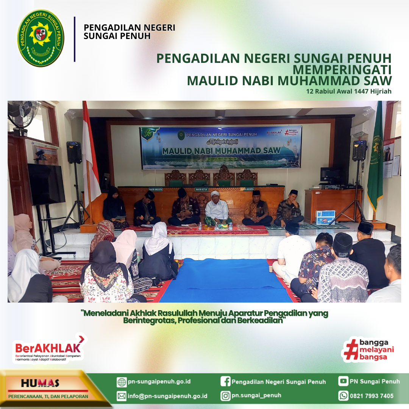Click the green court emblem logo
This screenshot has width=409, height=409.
pos(41,38)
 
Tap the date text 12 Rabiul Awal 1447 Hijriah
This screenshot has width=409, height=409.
pos(349,91)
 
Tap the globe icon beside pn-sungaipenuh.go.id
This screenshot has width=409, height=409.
pos(122,382)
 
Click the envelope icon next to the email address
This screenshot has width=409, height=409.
pos(122,396)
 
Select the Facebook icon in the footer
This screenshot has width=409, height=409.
pos(225,382)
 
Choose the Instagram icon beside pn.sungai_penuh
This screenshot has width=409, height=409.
pos(225,396)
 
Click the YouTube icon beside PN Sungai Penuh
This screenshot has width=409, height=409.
pos(343,381)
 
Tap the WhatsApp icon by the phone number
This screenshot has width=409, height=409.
pos(343,396)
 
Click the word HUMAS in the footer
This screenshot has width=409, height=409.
pos(40,383)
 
